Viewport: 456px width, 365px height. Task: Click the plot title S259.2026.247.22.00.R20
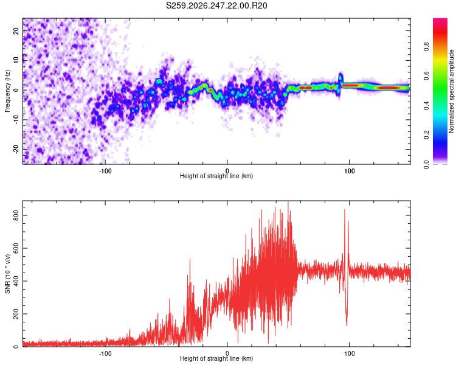coord(216,5)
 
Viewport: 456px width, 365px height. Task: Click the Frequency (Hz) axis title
coord(7,91)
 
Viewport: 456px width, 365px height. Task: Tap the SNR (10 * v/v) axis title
coord(7,274)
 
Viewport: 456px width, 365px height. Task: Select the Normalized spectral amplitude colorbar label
coord(451,91)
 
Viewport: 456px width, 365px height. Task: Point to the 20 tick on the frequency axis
coord(16,30)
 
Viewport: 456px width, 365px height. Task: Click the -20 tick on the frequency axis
coord(16,149)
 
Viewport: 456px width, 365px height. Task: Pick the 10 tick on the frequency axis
coord(16,60)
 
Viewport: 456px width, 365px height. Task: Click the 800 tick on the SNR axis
coord(16,215)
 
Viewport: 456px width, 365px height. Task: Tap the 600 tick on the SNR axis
coord(16,248)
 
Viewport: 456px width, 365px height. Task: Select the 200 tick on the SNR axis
coord(16,314)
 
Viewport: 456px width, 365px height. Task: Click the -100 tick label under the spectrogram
coord(105,171)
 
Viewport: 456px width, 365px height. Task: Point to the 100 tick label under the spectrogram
coord(349,171)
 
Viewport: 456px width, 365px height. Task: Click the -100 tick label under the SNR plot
coord(105,353)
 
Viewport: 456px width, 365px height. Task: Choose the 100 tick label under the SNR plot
coord(349,353)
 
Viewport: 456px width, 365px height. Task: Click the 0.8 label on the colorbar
coord(426,46)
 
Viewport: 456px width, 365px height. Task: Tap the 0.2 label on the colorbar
coord(426,135)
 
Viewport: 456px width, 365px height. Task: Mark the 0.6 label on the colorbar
coord(426,76)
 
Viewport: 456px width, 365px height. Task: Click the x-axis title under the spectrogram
coord(216,176)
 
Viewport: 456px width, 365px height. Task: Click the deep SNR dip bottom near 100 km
coord(347,325)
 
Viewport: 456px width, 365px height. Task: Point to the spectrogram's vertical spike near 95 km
coord(340,83)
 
